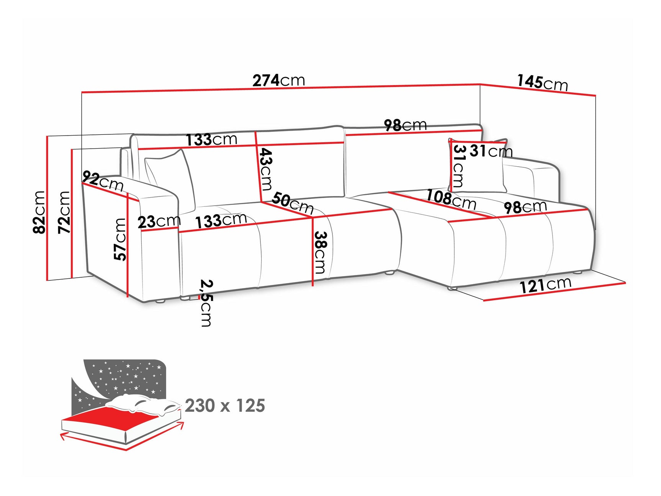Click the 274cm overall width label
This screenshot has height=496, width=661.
278,80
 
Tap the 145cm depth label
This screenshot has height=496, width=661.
542,82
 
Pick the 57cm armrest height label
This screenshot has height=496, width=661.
120,239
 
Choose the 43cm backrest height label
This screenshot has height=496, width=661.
265,169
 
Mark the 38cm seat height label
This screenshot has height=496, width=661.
320,252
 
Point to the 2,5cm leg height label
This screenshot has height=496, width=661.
206,303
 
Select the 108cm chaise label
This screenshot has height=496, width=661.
451,199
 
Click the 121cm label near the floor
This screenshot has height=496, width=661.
545,285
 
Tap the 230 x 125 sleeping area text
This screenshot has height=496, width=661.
225,406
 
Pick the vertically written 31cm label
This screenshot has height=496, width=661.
458,165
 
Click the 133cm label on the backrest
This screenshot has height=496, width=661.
211,140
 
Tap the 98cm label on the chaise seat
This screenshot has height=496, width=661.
525,207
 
